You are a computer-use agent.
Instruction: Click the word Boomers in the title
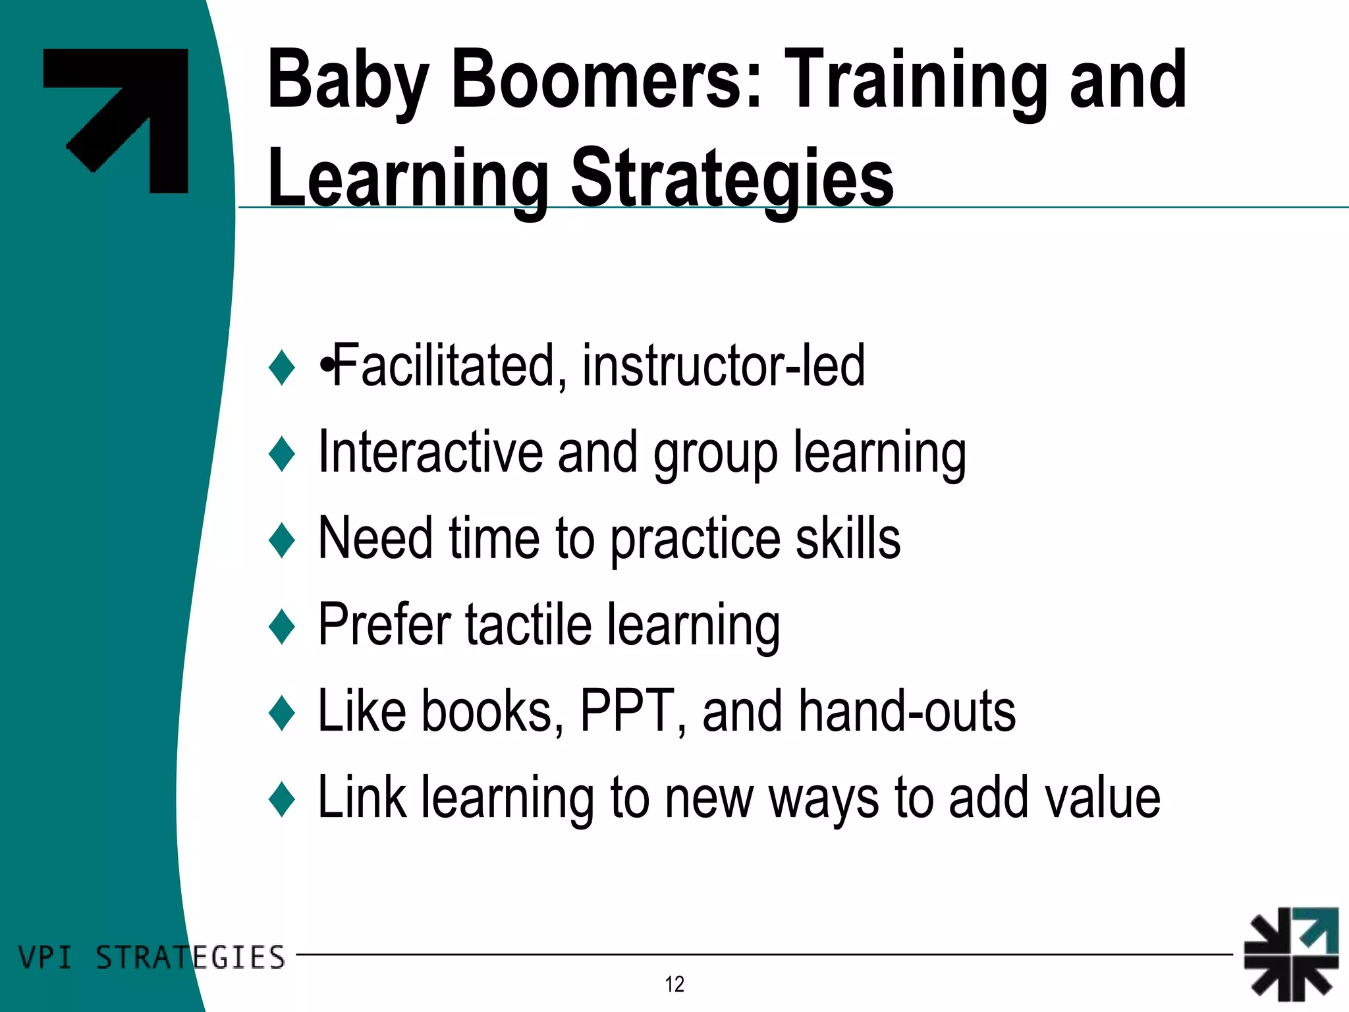tap(606, 80)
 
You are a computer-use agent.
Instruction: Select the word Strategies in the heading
tap(731, 178)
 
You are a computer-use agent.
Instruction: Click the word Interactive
tap(431, 453)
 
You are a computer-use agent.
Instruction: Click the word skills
tap(848, 538)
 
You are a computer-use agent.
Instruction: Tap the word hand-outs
tap(907, 711)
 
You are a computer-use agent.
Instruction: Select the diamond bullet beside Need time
tap(282, 540)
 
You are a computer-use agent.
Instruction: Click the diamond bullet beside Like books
tap(282, 713)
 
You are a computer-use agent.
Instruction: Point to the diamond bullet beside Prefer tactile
tap(282, 627)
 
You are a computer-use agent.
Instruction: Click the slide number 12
tap(674, 984)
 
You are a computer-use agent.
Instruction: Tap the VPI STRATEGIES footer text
tap(151, 957)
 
